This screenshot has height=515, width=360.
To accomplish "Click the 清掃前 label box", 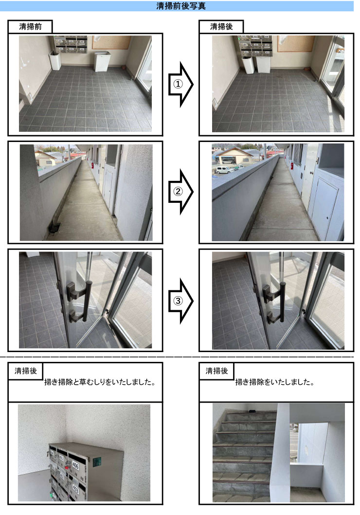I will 30,27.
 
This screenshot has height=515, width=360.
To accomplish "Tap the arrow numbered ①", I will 180,84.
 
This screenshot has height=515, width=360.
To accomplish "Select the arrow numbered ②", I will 180,192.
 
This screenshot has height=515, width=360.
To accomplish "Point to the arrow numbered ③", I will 180,301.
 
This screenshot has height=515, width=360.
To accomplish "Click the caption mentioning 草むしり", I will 99,382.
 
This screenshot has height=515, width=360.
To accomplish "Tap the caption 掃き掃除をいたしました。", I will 274,382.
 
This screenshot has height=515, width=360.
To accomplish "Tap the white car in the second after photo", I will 225,170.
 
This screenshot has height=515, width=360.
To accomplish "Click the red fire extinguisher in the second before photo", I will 91,165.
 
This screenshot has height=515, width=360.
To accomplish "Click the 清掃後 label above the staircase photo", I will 216,371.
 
